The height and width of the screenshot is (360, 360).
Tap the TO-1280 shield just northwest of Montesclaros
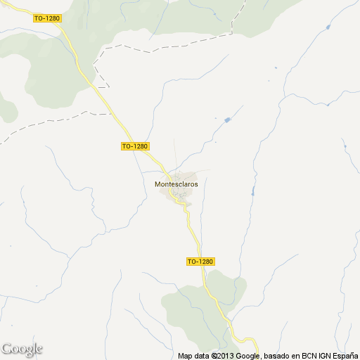click(x=135, y=146)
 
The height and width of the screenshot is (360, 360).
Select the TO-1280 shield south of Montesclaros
click(x=200, y=262)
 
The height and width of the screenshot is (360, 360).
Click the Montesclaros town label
click(x=176, y=184)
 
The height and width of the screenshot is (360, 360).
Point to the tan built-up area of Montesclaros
click(x=184, y=176)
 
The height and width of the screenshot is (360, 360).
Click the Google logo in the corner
click(x=22, y=349)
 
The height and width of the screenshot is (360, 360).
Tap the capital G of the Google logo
click(x=7, y=349)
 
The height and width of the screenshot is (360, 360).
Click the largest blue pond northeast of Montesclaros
click(x=227, y=120)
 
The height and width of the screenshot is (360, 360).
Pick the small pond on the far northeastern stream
click(x=328, y=27)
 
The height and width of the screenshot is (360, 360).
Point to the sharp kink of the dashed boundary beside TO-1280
click(x=96, y=73)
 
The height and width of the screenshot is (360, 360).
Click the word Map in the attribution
click(x=186, y=356)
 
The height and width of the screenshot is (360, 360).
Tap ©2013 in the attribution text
click(x=224, y=356)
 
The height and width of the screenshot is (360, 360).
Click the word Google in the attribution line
click(x=250, y=356)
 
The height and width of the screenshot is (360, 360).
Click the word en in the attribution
click(x=297, y=356)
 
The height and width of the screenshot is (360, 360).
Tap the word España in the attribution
click(x=345, y=356)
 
